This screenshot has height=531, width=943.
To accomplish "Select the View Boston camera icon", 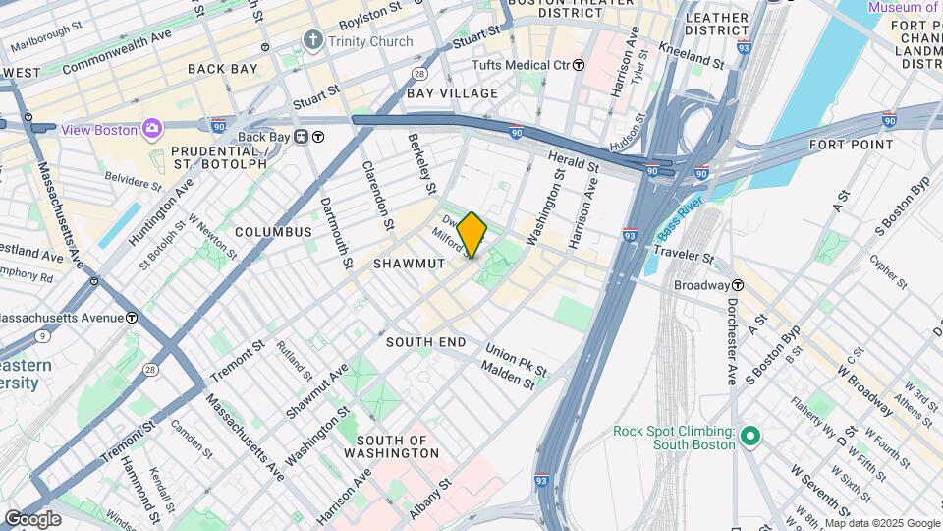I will coord(151,129).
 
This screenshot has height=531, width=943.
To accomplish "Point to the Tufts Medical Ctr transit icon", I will coord(579,65).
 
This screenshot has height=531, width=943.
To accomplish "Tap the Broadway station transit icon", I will coord(737,285).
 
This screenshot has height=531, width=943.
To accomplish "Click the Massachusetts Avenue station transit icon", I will coord(132,318).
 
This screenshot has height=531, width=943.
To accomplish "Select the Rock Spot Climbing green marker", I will coord(750,435).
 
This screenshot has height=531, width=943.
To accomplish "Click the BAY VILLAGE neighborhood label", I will coord(452,93).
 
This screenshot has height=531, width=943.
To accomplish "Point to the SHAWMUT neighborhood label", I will coord(409,264).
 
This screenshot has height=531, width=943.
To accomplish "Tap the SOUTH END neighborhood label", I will coord(425,341).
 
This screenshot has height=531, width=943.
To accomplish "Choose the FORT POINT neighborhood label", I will coord(851,145).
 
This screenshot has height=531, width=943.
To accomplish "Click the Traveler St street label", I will coord(680,257).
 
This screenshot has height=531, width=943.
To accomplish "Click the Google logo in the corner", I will coord(32,518).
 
